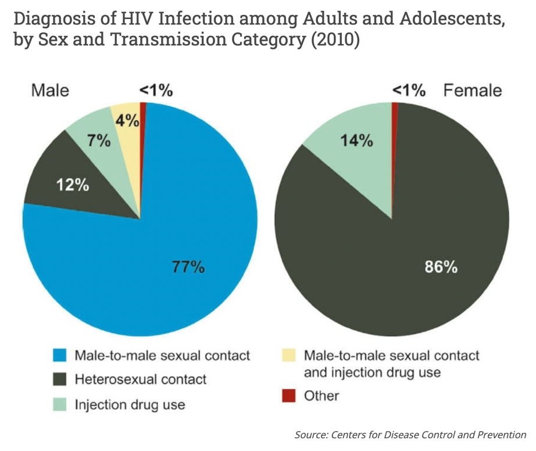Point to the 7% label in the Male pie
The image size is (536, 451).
coord(99,140)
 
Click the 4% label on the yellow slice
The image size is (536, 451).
coord(127,121)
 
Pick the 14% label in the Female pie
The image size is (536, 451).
coord(356,140)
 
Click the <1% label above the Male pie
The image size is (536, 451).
coord(156,91)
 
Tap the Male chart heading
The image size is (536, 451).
coord(50,91)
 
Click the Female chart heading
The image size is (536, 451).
coord(473,91)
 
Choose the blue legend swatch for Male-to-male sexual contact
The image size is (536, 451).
coord(59,355)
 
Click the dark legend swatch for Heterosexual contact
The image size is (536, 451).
coord(59,380)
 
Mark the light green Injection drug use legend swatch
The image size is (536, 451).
coord(59,404)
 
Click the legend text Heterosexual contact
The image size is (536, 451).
coord(140,380)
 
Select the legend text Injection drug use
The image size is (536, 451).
coord(130,404)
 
